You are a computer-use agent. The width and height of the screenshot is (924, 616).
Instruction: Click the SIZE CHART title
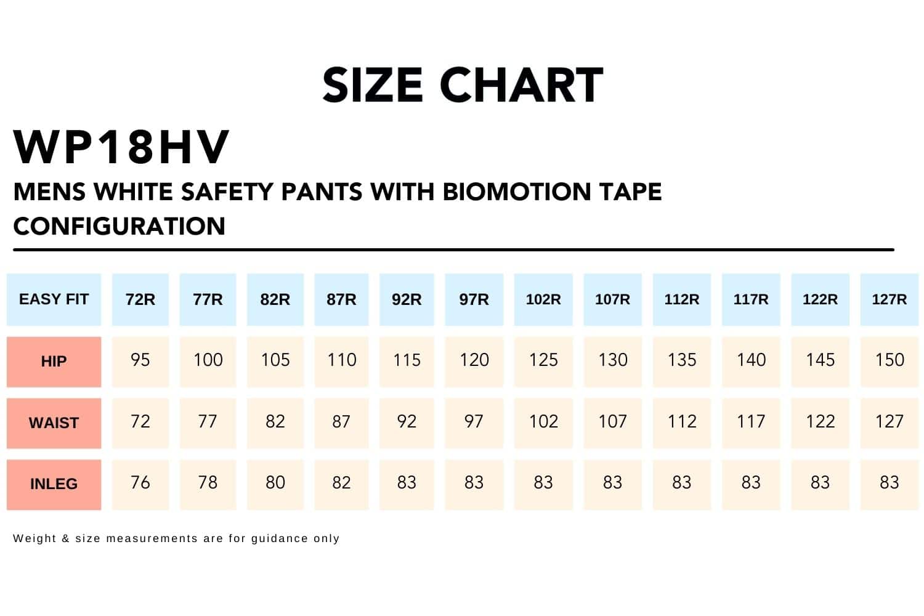pos(463,85)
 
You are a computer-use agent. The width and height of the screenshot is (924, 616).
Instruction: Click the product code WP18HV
pos(121,148)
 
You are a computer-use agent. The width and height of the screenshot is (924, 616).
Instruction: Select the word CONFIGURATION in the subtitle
pos(120,226)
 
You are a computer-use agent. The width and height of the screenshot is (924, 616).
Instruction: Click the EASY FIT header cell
pos(54,299)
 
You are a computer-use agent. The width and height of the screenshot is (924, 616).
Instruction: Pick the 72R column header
pos(140,299)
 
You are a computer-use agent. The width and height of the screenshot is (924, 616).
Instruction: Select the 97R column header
pos(474,299)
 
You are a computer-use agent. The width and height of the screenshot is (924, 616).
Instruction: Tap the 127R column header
pos(889,299)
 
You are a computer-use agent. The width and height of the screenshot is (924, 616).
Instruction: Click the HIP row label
pos(54,362)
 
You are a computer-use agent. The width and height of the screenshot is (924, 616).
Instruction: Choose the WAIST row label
pos(54,423)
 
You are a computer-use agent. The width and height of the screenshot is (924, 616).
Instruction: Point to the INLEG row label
pos(54,484)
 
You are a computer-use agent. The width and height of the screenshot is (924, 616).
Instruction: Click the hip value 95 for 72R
pos(140,360)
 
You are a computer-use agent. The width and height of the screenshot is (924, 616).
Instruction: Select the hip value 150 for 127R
pos(889,360)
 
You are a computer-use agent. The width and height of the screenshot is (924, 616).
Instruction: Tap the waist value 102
pos(543,422)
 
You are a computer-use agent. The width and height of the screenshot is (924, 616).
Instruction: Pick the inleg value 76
pos(140,483)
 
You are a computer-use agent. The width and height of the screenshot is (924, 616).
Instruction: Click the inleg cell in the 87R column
pos(341,483)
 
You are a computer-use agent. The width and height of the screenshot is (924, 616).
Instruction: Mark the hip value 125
pos(543,360)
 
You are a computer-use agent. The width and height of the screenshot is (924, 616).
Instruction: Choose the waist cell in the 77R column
pos(208,422)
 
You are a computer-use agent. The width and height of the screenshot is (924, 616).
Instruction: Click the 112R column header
pos(681,299)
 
